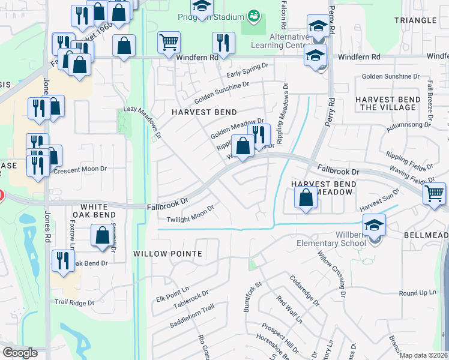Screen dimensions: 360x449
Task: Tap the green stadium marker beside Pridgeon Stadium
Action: tap(254, 14)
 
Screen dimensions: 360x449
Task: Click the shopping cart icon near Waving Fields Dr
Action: tap(435, 194)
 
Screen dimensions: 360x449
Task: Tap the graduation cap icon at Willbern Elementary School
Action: tap(374, 226)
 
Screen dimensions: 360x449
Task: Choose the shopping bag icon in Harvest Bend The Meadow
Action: tap(306, 197)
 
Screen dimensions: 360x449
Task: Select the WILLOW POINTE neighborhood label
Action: tap(167, 254)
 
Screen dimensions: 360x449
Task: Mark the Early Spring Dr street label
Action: tap(250, 74)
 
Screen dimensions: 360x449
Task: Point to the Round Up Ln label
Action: tap(418, 293)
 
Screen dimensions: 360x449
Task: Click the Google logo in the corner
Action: tap(20, 353)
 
